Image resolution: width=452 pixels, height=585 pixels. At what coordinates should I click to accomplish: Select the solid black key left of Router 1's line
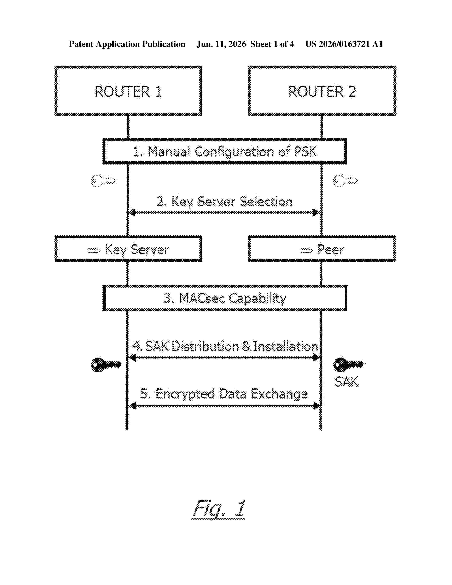106,364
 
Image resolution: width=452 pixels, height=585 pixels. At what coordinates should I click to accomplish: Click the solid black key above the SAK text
348,364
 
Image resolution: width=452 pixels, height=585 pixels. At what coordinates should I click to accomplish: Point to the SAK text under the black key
347,382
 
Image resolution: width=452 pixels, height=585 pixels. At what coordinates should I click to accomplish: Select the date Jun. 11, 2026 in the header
221,44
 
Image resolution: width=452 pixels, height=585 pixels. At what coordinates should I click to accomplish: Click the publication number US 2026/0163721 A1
344,44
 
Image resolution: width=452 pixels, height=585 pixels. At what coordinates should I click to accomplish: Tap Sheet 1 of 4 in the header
272,44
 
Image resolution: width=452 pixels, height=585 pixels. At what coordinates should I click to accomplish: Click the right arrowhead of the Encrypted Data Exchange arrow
317,406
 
